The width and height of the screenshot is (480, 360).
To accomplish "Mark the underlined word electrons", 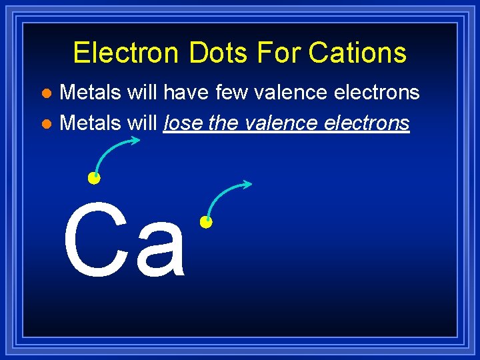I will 367,123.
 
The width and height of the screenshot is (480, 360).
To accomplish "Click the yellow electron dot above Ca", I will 94,178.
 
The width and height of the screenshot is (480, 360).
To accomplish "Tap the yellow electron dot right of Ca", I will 206,222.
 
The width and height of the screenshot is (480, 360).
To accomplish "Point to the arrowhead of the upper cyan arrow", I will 137,140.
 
